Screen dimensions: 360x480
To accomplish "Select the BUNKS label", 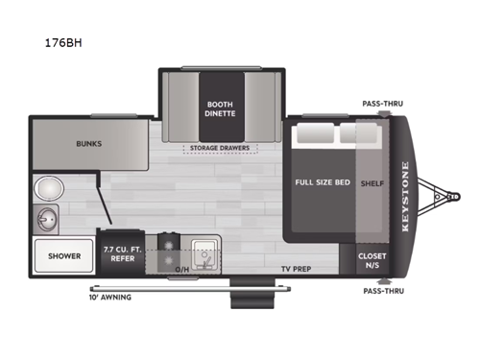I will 89,144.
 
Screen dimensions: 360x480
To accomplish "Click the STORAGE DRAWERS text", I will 221,148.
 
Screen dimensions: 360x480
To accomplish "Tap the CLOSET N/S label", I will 372,260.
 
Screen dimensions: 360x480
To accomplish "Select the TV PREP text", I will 297,270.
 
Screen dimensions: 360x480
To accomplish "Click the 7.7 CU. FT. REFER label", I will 123,253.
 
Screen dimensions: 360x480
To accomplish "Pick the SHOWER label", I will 64,255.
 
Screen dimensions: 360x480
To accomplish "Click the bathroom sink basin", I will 45,220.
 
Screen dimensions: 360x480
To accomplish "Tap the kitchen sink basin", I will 204,252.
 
